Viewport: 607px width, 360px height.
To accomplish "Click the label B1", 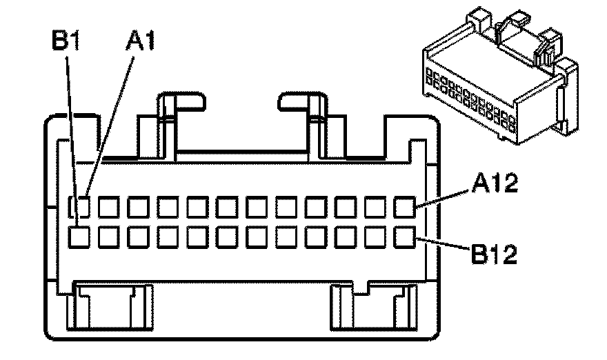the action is click(x=67, y=42).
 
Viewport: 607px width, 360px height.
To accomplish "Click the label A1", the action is click(x=140, y=42).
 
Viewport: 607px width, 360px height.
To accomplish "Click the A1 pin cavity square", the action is click(x=82, y=206).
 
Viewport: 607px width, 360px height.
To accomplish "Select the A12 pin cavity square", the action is click(x=404, y=206).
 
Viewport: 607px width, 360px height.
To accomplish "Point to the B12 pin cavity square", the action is click(x=404, y=237).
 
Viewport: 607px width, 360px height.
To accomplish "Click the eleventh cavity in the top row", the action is click(x=375, y=206).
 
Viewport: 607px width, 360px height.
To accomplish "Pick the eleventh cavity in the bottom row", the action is click(x=375, y=237).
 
